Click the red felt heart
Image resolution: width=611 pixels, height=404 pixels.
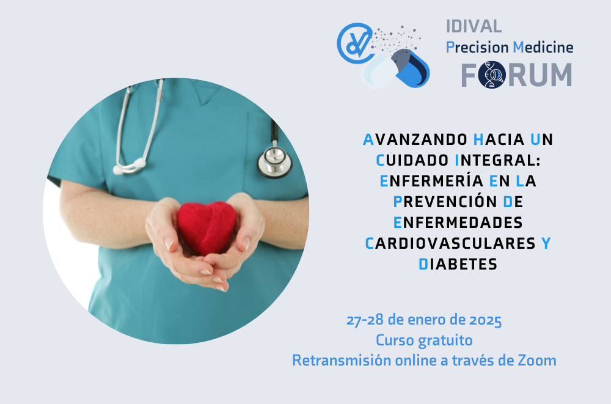pos(207,227)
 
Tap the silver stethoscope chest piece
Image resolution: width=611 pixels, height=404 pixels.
pos(274,161)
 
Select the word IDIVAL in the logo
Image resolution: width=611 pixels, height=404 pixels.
pos(474,26)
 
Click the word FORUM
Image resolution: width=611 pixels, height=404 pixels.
pos(516,75)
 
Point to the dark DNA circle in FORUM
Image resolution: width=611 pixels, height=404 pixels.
pos(492,75)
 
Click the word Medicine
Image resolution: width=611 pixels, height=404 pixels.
pos(543,48)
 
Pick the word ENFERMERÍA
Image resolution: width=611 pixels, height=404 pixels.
pos(432,181)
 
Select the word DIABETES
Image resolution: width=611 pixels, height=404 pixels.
pos(458,265)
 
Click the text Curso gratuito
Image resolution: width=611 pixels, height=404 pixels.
pos(424,340)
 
